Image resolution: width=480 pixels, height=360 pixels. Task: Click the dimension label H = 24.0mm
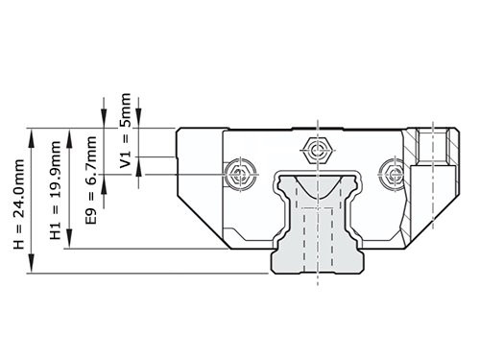coord(20,204)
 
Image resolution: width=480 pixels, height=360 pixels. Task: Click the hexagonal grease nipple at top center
coord(316,149)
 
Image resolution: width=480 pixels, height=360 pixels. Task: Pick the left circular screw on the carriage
coord(239,173)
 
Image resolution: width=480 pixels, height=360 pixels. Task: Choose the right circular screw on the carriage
coord(393,173)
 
